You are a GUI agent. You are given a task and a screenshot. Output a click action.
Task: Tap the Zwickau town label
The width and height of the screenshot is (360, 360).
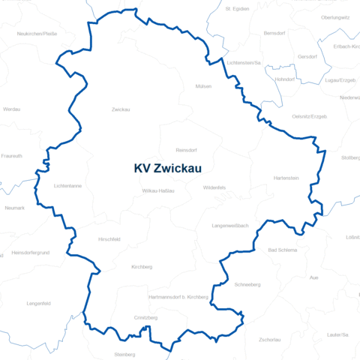coord(121,110)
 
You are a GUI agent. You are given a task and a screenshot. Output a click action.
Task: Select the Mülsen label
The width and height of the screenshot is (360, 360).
coord(203,86)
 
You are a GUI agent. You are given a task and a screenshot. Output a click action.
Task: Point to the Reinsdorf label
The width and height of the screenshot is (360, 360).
coord(186,149)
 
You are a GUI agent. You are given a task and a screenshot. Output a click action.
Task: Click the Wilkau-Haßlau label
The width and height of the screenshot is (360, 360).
coord(158,191)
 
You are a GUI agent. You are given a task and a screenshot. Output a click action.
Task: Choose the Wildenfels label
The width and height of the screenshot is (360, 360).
coord(214,187)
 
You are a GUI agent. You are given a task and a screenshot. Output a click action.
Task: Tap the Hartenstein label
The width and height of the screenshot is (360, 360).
coord(286,178)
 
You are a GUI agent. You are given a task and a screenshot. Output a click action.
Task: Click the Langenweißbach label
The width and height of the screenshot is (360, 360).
coord(230,226)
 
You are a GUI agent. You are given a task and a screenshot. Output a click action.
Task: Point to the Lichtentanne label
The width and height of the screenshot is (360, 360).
coord(67,185)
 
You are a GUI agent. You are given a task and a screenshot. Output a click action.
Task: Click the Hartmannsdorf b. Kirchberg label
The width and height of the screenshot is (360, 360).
coord(178,297)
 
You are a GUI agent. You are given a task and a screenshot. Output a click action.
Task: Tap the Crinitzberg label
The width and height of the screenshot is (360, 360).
coord(146,318)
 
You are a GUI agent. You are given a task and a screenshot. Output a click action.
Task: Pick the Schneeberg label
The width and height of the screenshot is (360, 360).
coord(247,285)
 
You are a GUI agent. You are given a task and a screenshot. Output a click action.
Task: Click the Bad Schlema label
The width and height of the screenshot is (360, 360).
coord(283,249)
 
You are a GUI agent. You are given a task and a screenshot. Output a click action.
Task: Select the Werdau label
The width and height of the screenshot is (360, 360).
coord(13,109)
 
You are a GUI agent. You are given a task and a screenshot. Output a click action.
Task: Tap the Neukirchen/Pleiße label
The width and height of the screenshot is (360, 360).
coord(37,34)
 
